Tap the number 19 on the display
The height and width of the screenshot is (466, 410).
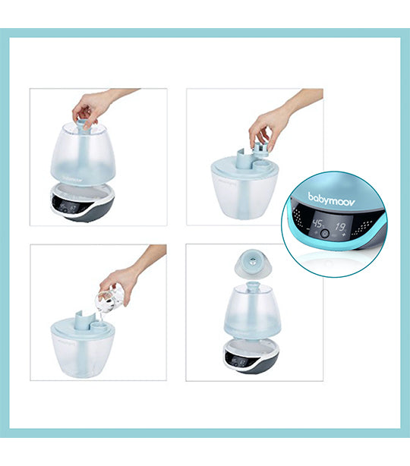343,225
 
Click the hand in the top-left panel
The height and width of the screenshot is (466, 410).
94,105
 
